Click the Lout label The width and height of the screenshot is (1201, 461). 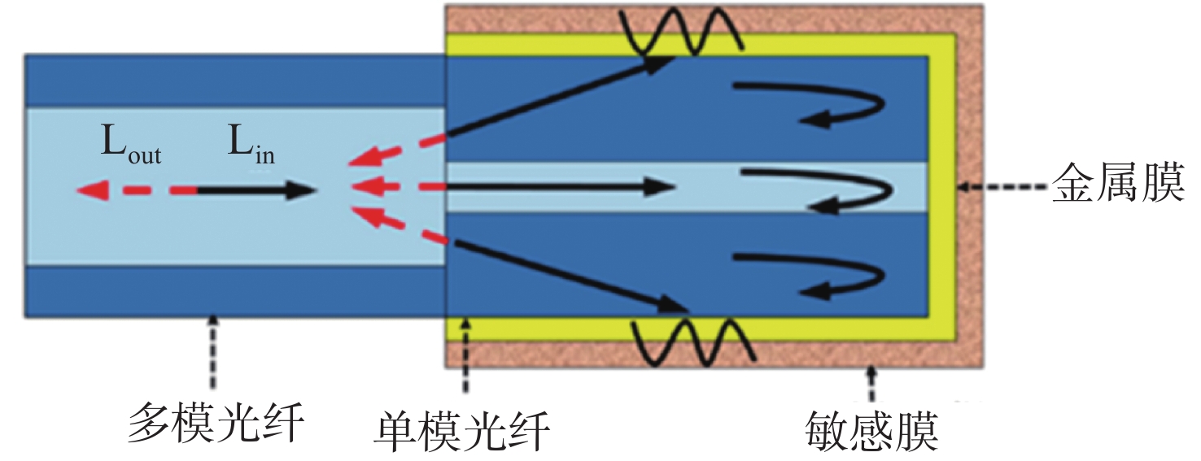click(131, 144)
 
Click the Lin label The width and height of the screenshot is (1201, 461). click(251, 144)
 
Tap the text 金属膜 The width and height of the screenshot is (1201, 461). click(1118, 185)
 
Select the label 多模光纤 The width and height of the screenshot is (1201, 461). click(216, 424)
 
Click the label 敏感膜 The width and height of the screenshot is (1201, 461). click(871, 431)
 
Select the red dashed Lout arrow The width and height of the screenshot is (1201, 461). click(136, 190)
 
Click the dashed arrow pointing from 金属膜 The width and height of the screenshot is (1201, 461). click(1002, 187)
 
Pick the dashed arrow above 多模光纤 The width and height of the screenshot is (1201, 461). click(213, 351)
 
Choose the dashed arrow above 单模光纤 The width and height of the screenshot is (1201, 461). click(465, 356)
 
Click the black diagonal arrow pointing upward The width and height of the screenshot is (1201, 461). click(557, 97)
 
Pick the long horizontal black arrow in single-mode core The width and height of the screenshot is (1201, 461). click(561, 187)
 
